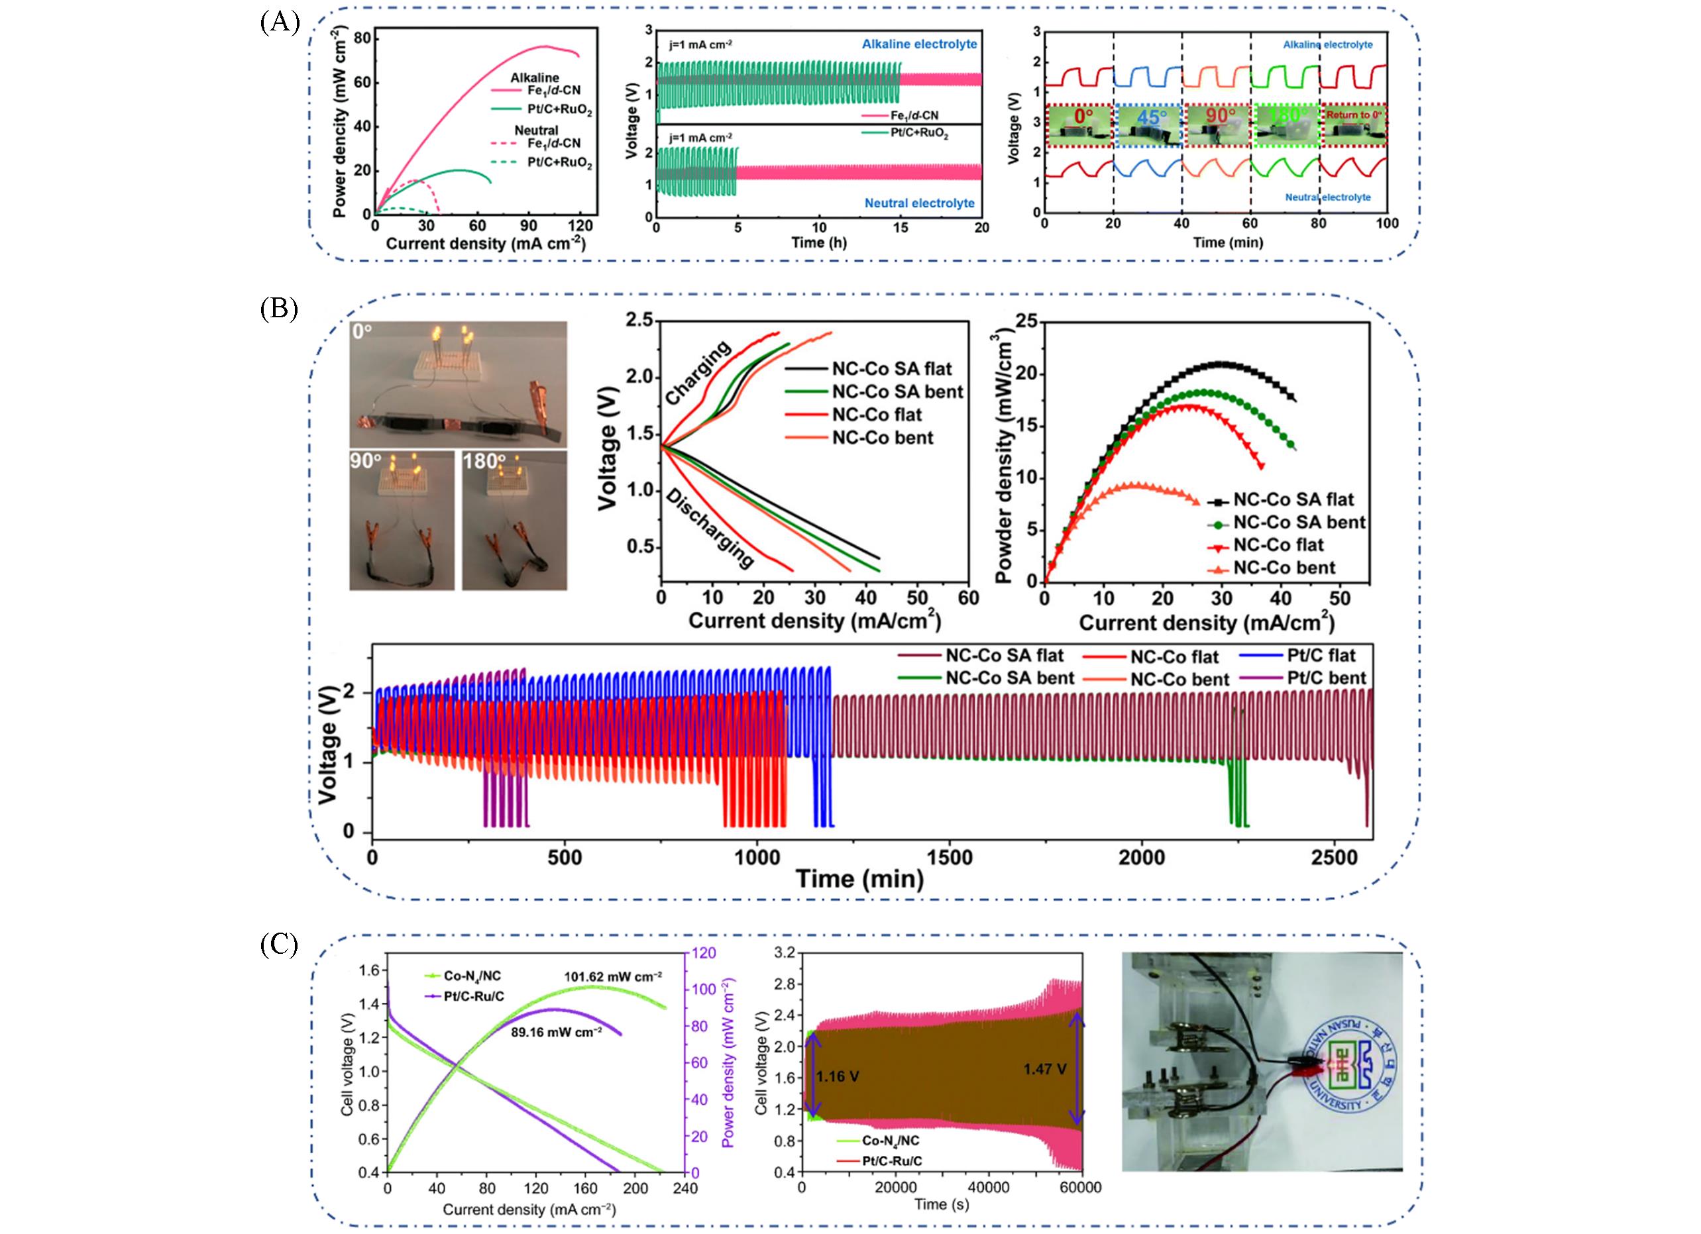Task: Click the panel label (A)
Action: point(280,23)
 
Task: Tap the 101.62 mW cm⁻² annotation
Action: point(613,976)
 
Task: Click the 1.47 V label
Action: point(1045,1069)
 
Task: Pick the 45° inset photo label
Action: point(1151,118)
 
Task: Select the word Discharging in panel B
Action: point(710,528)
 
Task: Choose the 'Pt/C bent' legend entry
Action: point(1327,678)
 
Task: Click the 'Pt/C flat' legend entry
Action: point(1321,655)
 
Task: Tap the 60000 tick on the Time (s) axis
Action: point(1080,1187)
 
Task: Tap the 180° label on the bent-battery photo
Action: point(484,460)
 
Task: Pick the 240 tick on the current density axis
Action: point(685,1188)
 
